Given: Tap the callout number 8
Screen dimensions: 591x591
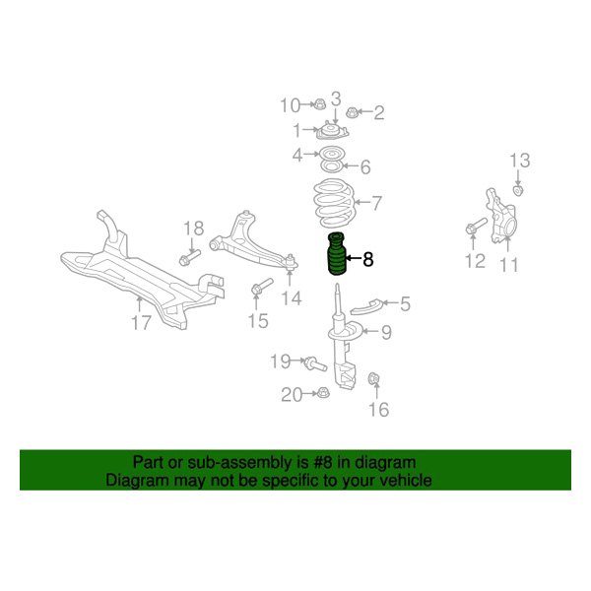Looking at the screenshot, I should pos(368,260).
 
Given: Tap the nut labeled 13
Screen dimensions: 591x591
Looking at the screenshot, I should pos(520,189).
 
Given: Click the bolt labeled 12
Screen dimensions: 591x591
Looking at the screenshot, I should pos(472,230).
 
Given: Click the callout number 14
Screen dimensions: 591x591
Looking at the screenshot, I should pos(290,298).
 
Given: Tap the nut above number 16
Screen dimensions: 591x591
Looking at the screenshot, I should pos(374,379).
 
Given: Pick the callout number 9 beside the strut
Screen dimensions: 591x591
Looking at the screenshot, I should pos(386,333).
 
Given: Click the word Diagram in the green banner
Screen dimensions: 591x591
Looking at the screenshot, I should pos(136,481).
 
